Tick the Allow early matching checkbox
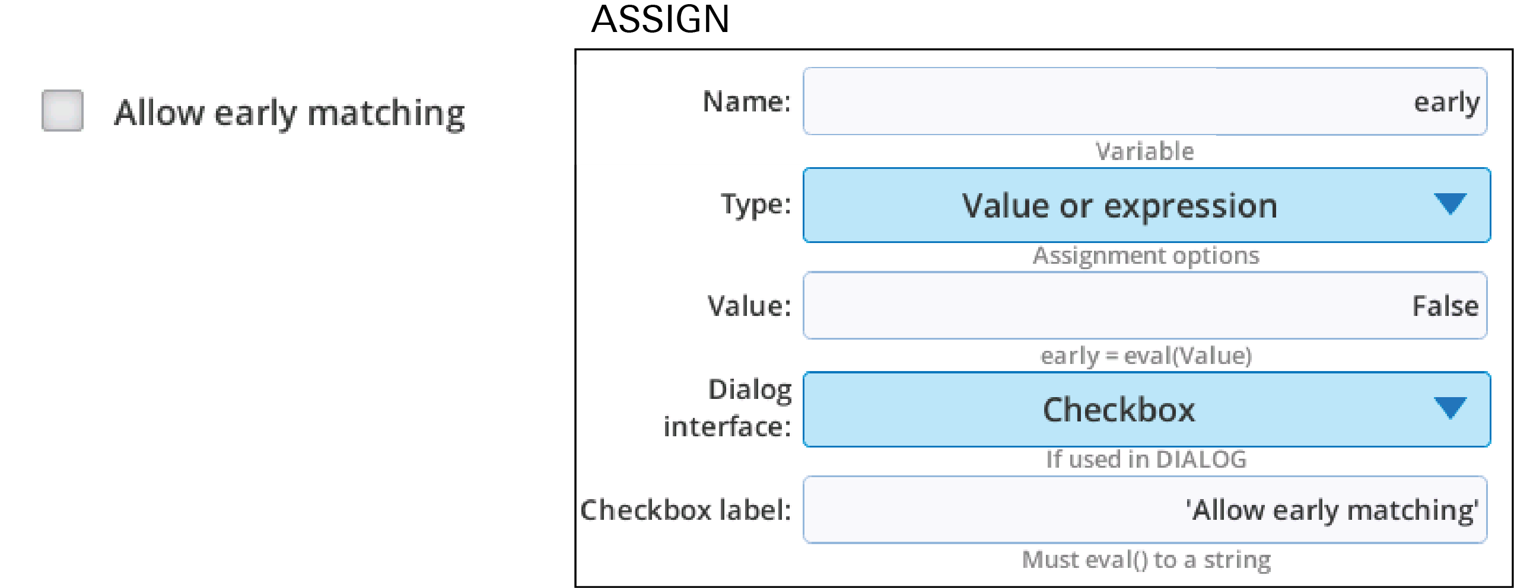62,110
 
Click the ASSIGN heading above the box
660,19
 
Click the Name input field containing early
1145,101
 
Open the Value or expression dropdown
1146,205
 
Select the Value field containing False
1145,305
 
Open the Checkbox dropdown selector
1146,409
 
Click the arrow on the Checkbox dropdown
1450,408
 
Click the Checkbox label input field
1145,509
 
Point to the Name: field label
747,101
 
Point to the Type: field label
756,205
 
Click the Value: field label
750,306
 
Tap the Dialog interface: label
727,408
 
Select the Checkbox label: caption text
686,510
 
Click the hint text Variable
1144,151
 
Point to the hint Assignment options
1146,256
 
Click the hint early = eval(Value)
1146,356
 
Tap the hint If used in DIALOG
1146,459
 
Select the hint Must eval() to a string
1146,560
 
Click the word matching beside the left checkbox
386,114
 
